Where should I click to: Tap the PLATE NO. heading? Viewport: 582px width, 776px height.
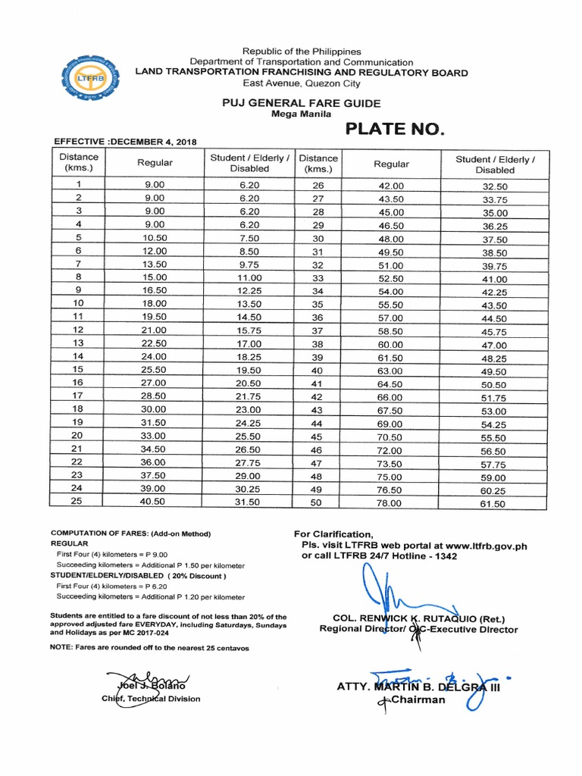(x=393, y=129)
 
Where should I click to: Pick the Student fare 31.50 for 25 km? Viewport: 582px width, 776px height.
(x=249, y=502)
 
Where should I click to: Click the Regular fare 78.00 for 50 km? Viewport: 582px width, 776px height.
(x=391, y=502)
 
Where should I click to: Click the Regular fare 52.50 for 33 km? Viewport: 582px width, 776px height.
(x=391, y=277)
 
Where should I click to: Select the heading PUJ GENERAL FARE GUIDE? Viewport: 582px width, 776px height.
(x=322, y=103)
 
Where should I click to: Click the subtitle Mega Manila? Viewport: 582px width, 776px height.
(x=301, y=114)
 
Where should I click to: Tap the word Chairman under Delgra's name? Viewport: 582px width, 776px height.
(x=418, y=700)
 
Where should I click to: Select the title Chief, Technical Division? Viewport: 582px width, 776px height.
(x=151, y=699)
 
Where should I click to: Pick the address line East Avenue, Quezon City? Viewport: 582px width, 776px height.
(x=302, y=83)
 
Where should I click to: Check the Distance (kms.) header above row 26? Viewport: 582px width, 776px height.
(x=318, y=164)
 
